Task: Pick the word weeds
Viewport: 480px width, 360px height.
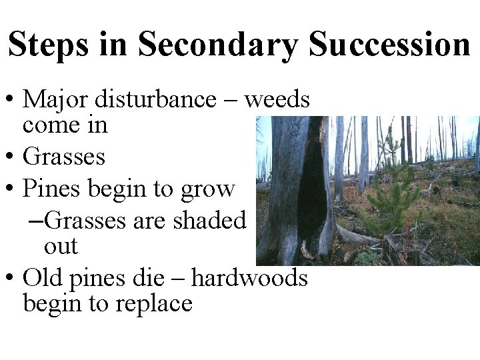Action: [x=277, y=100]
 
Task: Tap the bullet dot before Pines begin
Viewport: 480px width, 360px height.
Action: [x=11, y=190]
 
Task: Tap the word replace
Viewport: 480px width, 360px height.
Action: [x=154, y=304]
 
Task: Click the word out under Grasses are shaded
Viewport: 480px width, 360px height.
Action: [x=61, y=246]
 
